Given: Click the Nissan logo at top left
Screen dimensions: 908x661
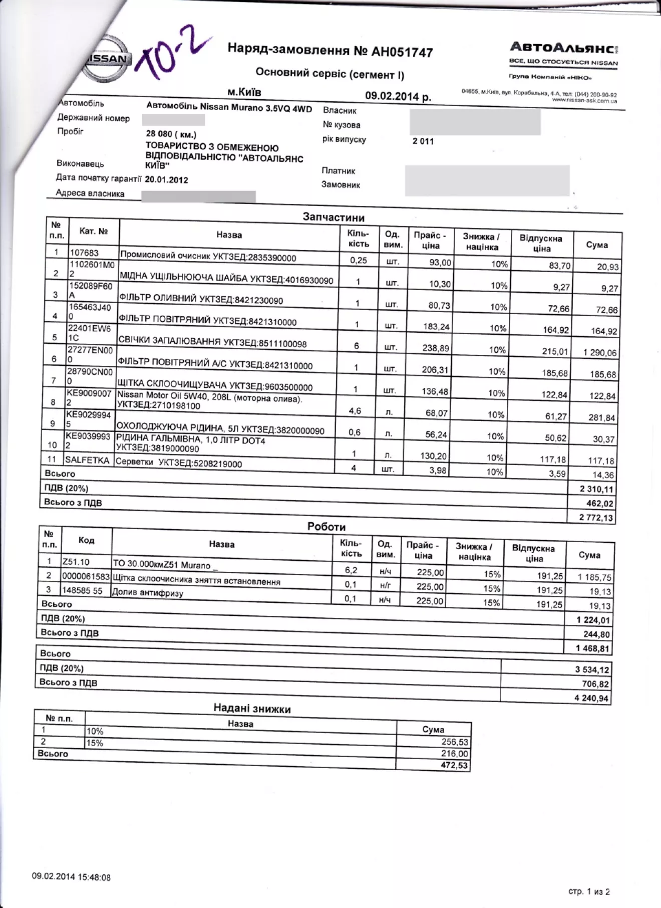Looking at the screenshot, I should pos(107,59).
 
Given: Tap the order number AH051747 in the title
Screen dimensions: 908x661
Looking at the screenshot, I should pos(402,52).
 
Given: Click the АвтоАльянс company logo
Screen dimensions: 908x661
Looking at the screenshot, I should pos(563,48).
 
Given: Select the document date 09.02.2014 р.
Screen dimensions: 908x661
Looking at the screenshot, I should pos(398,96).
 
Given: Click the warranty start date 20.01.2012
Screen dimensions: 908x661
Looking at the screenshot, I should pos(166,179).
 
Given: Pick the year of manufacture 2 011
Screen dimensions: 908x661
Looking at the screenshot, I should pos(423,141).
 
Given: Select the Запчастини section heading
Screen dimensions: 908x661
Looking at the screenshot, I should pos(334,217).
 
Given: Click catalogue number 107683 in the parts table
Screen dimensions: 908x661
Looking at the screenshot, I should pos(84,253).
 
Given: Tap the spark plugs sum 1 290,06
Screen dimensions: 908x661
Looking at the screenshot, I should pos(600,353).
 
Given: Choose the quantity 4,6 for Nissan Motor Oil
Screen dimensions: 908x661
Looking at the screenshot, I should pos(355,411).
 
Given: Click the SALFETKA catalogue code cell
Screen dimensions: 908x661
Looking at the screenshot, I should pos(87,460).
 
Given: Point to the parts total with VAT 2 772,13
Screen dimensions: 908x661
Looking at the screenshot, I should pos(596,518).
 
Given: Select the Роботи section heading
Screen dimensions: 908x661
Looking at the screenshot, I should pos(326,527).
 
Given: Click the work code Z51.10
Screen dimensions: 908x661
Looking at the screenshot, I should pos(76,562).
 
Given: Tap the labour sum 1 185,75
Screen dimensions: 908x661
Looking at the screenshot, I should pos(594,577).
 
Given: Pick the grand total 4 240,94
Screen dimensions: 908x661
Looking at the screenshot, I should pos(591,698).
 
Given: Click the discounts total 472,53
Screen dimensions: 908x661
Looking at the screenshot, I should pos(454,765).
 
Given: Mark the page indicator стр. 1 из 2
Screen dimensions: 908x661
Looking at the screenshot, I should pos(589,891).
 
